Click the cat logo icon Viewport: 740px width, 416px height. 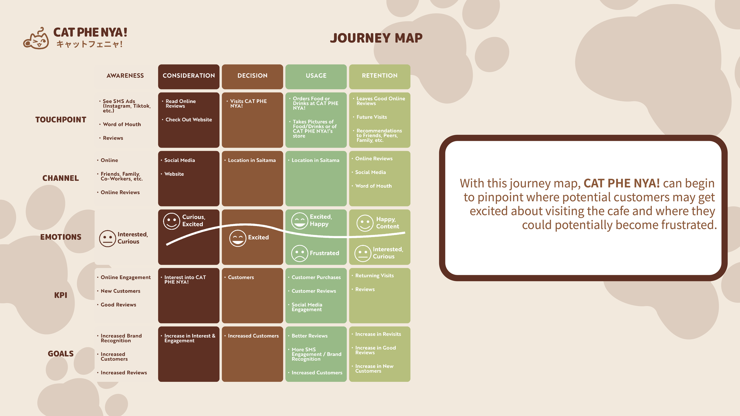click(36, 39)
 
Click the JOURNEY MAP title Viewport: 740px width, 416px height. click(376, 38)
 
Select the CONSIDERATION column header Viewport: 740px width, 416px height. click(189, 76)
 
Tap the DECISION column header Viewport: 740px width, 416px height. click(252, 76)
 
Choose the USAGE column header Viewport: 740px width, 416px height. click(316, 76)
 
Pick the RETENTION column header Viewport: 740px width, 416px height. click(379, 76)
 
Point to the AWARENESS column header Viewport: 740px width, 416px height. click(125, 76)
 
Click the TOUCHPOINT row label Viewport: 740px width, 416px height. click(61, 120)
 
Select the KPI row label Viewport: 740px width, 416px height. click(61, 295)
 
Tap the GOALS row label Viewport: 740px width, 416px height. click(61, 354)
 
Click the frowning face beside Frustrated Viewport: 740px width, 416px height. click(300, 253)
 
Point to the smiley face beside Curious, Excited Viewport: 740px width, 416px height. click(172, 221)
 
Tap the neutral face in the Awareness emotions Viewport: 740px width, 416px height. click(107, 238)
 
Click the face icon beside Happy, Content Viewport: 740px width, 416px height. click(365, 223)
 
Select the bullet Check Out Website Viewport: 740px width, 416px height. click(189, 120)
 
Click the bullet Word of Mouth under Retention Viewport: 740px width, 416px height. click(373, 186)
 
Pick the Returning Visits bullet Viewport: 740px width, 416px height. click(374, 276)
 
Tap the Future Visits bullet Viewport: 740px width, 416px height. click(371, 117)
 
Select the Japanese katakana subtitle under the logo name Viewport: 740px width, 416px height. click(89, 44)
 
